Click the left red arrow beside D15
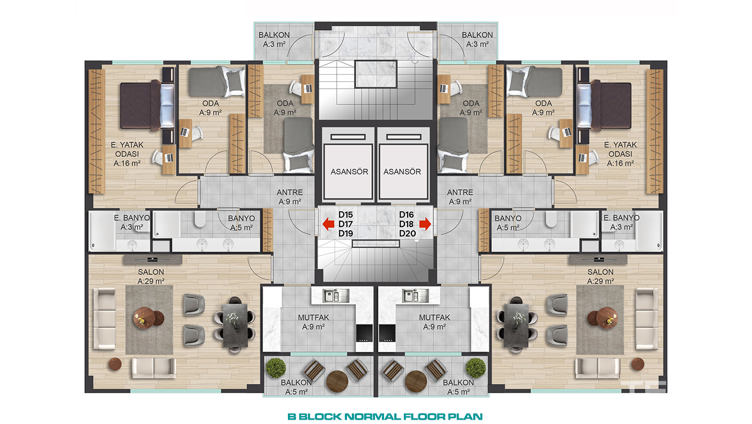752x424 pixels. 328,224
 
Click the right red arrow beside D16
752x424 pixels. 425,224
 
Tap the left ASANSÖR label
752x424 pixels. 349,172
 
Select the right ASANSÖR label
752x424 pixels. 402,172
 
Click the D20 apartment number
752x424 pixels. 408,234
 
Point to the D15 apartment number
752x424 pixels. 345,215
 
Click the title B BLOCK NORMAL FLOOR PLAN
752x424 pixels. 385,416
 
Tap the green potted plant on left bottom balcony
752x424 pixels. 276,368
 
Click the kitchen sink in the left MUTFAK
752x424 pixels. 331,295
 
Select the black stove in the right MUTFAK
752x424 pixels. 387,333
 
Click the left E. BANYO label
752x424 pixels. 132,218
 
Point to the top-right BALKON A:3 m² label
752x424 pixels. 477,40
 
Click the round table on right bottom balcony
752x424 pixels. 416,381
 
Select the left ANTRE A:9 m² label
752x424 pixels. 290,197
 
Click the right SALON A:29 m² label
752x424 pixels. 601,277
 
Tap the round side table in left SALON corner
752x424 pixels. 115,364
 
